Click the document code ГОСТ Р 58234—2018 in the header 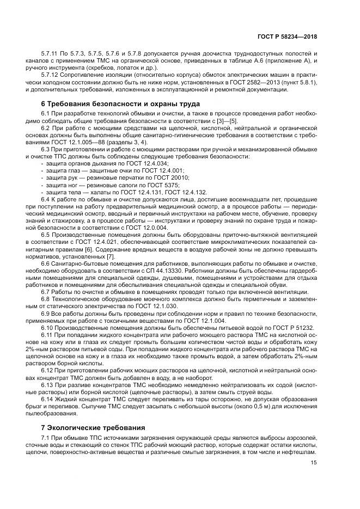point(288,36)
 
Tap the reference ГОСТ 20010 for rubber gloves point(174,177)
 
